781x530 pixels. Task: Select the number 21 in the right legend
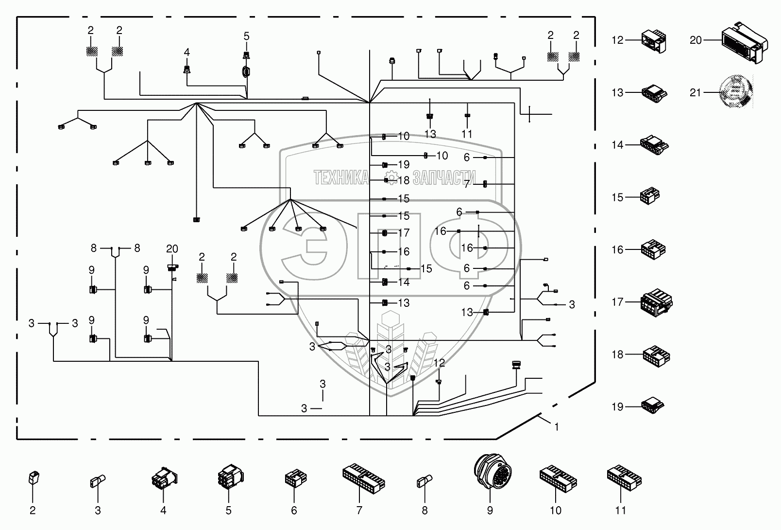pyautogui.click(x=696, y=92)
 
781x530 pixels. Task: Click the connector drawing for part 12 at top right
pyautogui.click(x=654, y=41)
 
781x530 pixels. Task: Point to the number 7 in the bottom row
pyautogui.click(x=359, y=510)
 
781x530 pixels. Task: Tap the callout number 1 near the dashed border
pyautogui.click(x=557, y=427)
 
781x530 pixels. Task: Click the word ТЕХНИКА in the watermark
pyautogui.click(x=341, y=178)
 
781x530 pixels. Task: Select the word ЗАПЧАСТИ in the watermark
pyautogui.click(x=443, y=178)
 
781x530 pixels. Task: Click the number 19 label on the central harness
pyautogui.click(x=404, y=164)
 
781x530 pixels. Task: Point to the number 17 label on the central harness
pyautogui.click(x=404, y=233)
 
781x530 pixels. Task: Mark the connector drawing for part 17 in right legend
pyautogui.click(x=657, y=302)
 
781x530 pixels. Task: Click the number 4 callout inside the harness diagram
pyautogui.click(x=187, y=52)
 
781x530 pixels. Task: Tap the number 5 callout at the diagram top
pyautogui.click(x=246, y=36)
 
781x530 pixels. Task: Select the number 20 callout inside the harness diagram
pyautogui.click(x=172, y=249)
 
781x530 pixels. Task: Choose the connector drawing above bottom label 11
pyautogui.click(x=625, y=477)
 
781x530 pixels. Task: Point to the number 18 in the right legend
pyautogui.click(x=617, y=354)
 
